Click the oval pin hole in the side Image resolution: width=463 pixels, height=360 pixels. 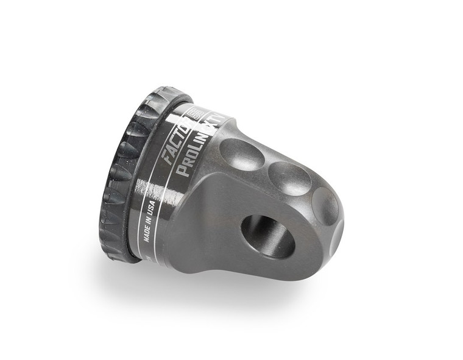point(267,235)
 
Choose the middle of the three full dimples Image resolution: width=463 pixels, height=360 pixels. point(289,178)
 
